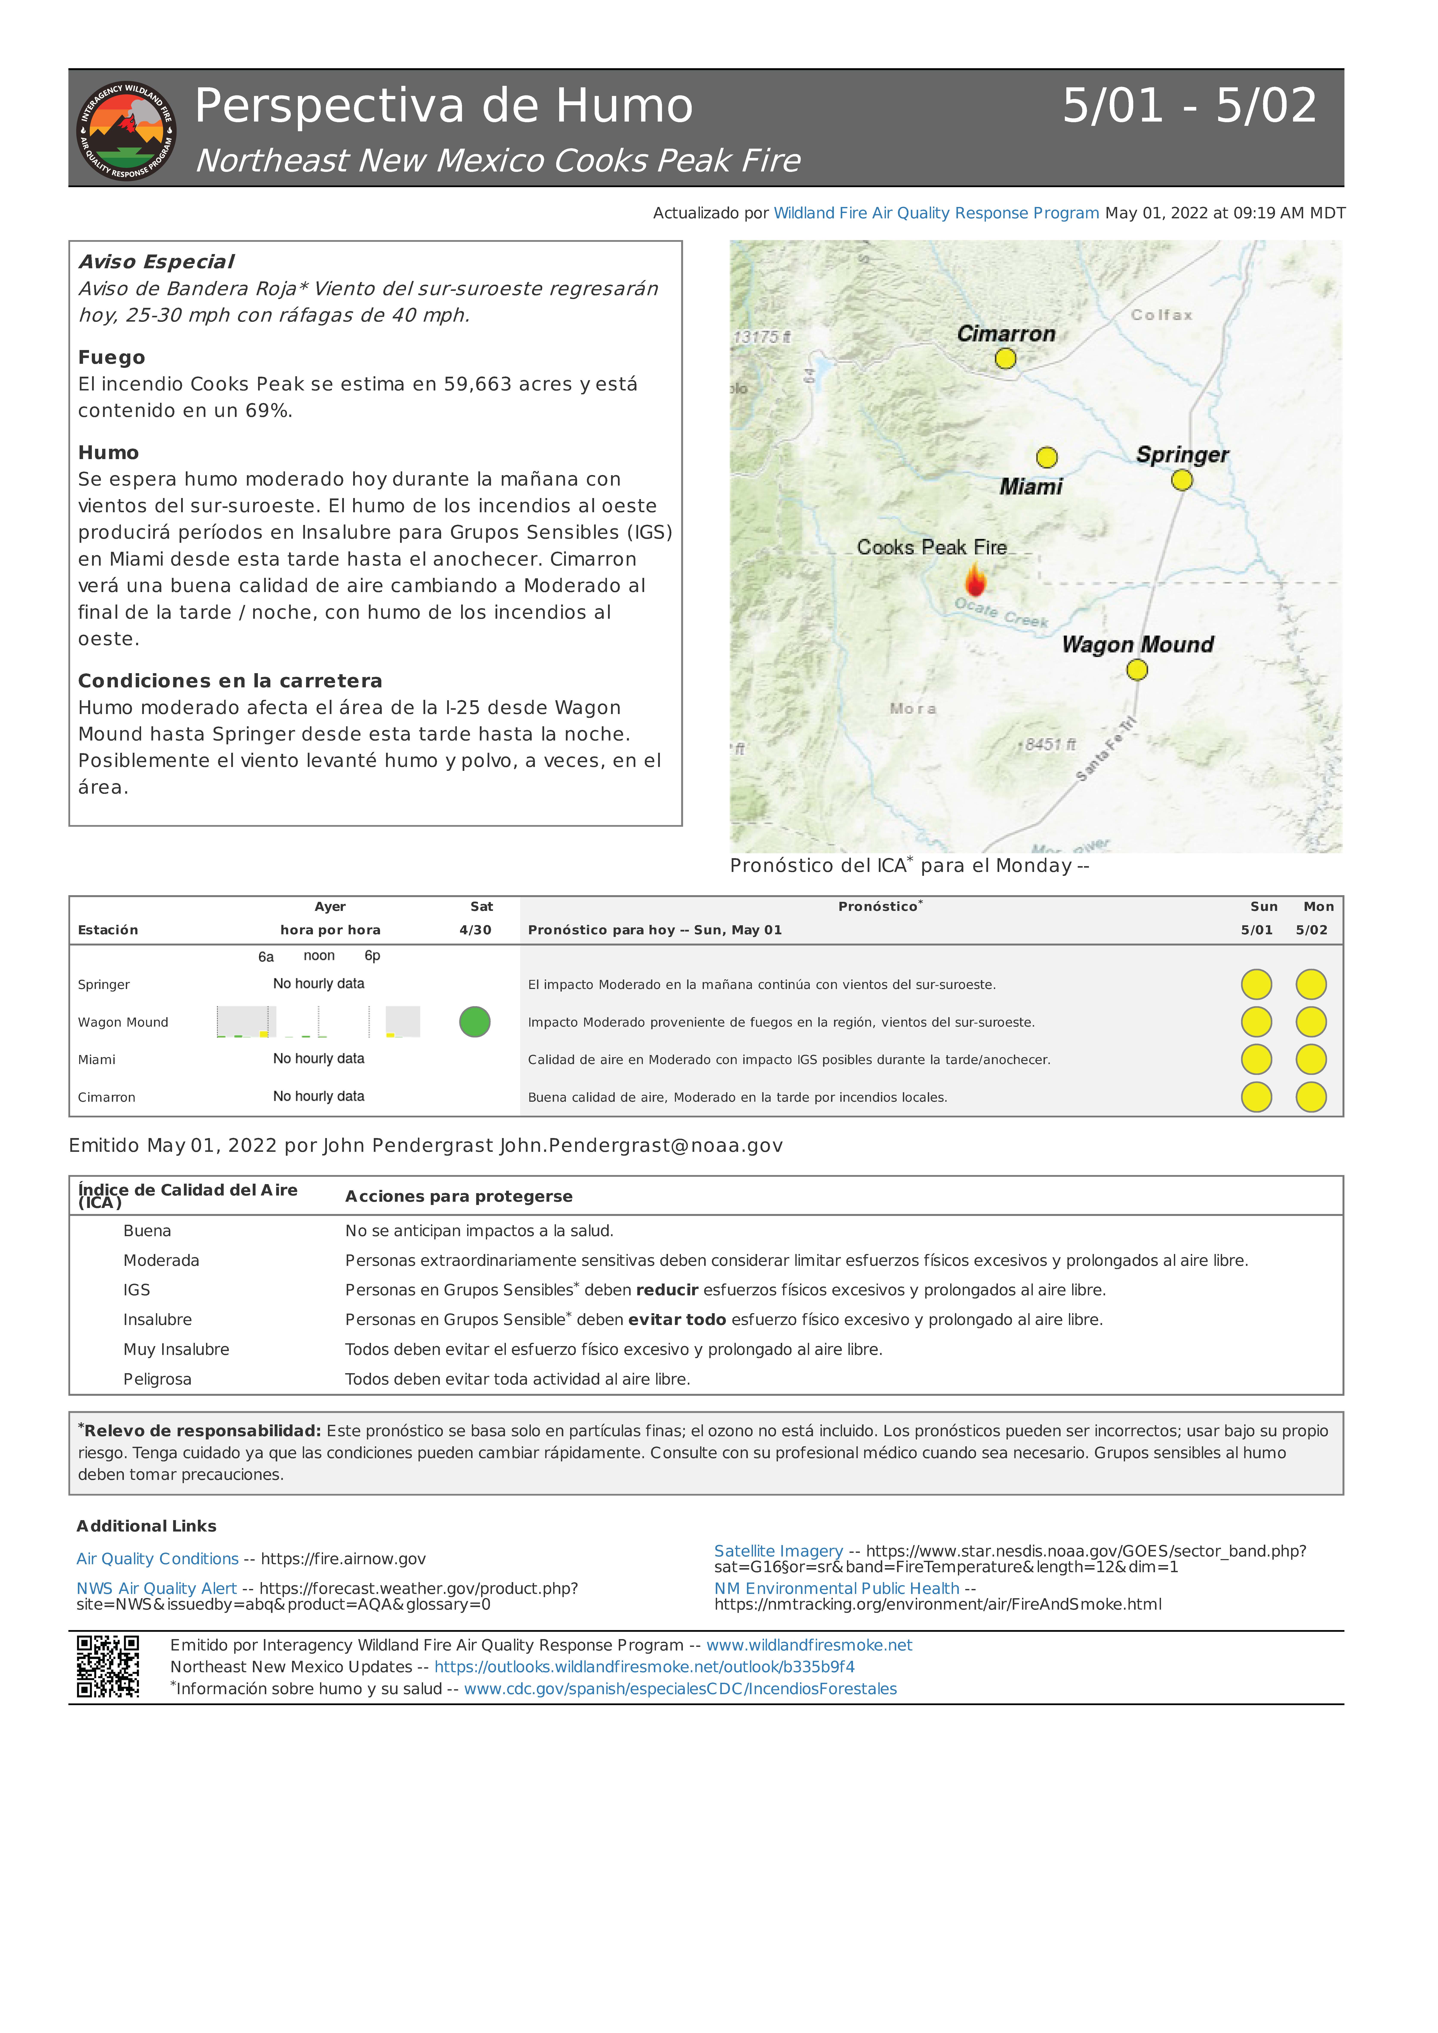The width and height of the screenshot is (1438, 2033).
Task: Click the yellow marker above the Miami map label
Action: (x=1047, y=457)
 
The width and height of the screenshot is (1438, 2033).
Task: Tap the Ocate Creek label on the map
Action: (x=1001, y=613)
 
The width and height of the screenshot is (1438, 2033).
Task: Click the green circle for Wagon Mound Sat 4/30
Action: (x=475, y=1022)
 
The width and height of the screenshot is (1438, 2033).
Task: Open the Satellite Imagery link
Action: (x=778, y=1551)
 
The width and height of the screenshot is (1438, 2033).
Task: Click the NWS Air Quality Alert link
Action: (x=157, y=1589)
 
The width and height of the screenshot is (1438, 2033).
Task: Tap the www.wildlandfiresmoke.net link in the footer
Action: (x=809, y=1645)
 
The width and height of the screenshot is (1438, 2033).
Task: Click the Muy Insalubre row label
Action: (x=176, y=1350)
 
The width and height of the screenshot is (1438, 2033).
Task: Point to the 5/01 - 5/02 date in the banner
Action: (x=1189, y=106)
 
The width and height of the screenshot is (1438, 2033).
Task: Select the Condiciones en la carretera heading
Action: (x=230, y=681)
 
